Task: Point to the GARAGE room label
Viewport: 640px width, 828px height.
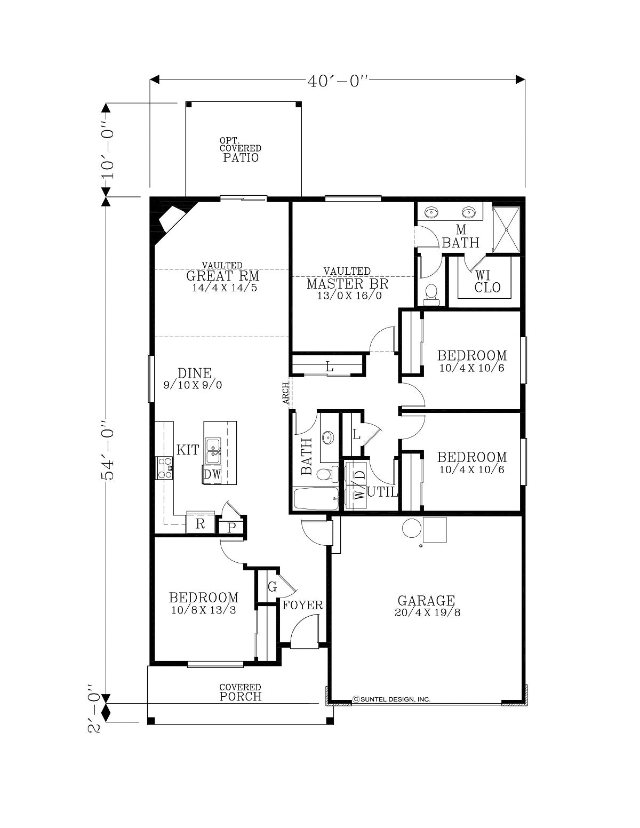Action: click(426, 601)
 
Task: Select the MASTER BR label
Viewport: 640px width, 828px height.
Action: click(347, 284)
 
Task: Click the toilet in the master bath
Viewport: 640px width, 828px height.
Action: click(431, 295)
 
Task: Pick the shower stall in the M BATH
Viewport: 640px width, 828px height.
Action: click(506, 229)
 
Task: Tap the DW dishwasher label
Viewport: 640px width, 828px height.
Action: click(212, 474)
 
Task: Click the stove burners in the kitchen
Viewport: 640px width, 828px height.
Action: click(164, 468)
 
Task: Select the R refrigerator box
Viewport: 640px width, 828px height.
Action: click(200, 524)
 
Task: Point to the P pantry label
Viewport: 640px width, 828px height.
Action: click(231, 527)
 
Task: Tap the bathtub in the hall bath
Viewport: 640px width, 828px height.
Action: click(316, 498)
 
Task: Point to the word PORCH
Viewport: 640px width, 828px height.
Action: click(241, 697)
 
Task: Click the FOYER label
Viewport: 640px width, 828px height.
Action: click(302, 605)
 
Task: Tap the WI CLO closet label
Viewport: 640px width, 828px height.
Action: click(487, 281)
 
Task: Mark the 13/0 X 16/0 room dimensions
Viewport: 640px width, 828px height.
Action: click(349, 296)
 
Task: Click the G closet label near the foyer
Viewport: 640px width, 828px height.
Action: click(272, 587)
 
